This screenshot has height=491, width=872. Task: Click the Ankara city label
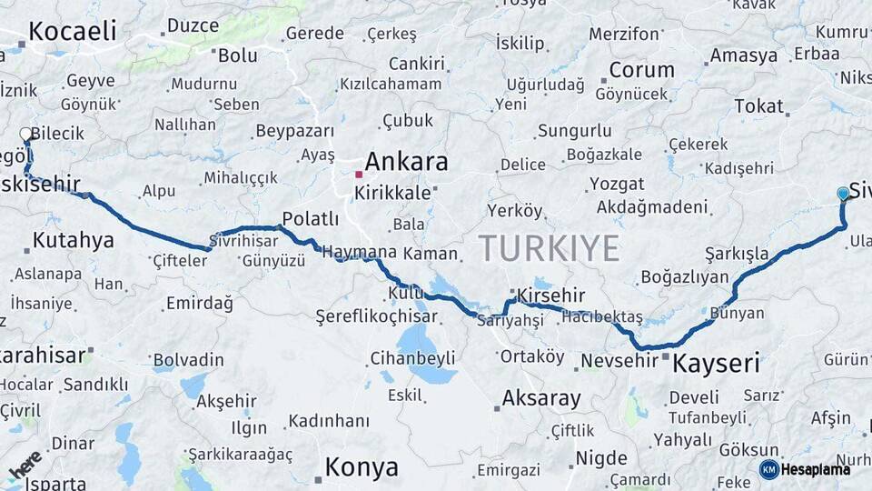[x=406, y=162]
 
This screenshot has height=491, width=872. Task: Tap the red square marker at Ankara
[x=360, y=174]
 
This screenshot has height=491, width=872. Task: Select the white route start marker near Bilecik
[x=26, y=135]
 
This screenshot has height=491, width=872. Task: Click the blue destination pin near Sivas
[x=843, y=193]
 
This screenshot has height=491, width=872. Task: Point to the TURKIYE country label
[x=549, y=248]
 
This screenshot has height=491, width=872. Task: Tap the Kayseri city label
[x=715, y=364]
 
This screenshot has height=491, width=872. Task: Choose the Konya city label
[x=361, y=467]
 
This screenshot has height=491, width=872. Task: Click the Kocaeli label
[x=72, y=31]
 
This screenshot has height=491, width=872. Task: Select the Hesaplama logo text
[x=816, y=469]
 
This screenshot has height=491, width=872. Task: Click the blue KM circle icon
[x=768, y=469]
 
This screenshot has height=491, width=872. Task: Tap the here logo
[x=25, y=465]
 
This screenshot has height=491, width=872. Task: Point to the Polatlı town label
[x=310, y=218]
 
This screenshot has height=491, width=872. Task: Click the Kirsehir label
[x=550, y=296]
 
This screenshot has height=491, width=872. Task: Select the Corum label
[x=641, y=70]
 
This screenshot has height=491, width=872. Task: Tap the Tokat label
[x=758, y=105]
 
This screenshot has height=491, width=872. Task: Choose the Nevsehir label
[x=619, y=361]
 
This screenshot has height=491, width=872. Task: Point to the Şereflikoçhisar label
[x=375, y=316]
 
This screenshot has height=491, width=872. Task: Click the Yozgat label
[x=617, y=184]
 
